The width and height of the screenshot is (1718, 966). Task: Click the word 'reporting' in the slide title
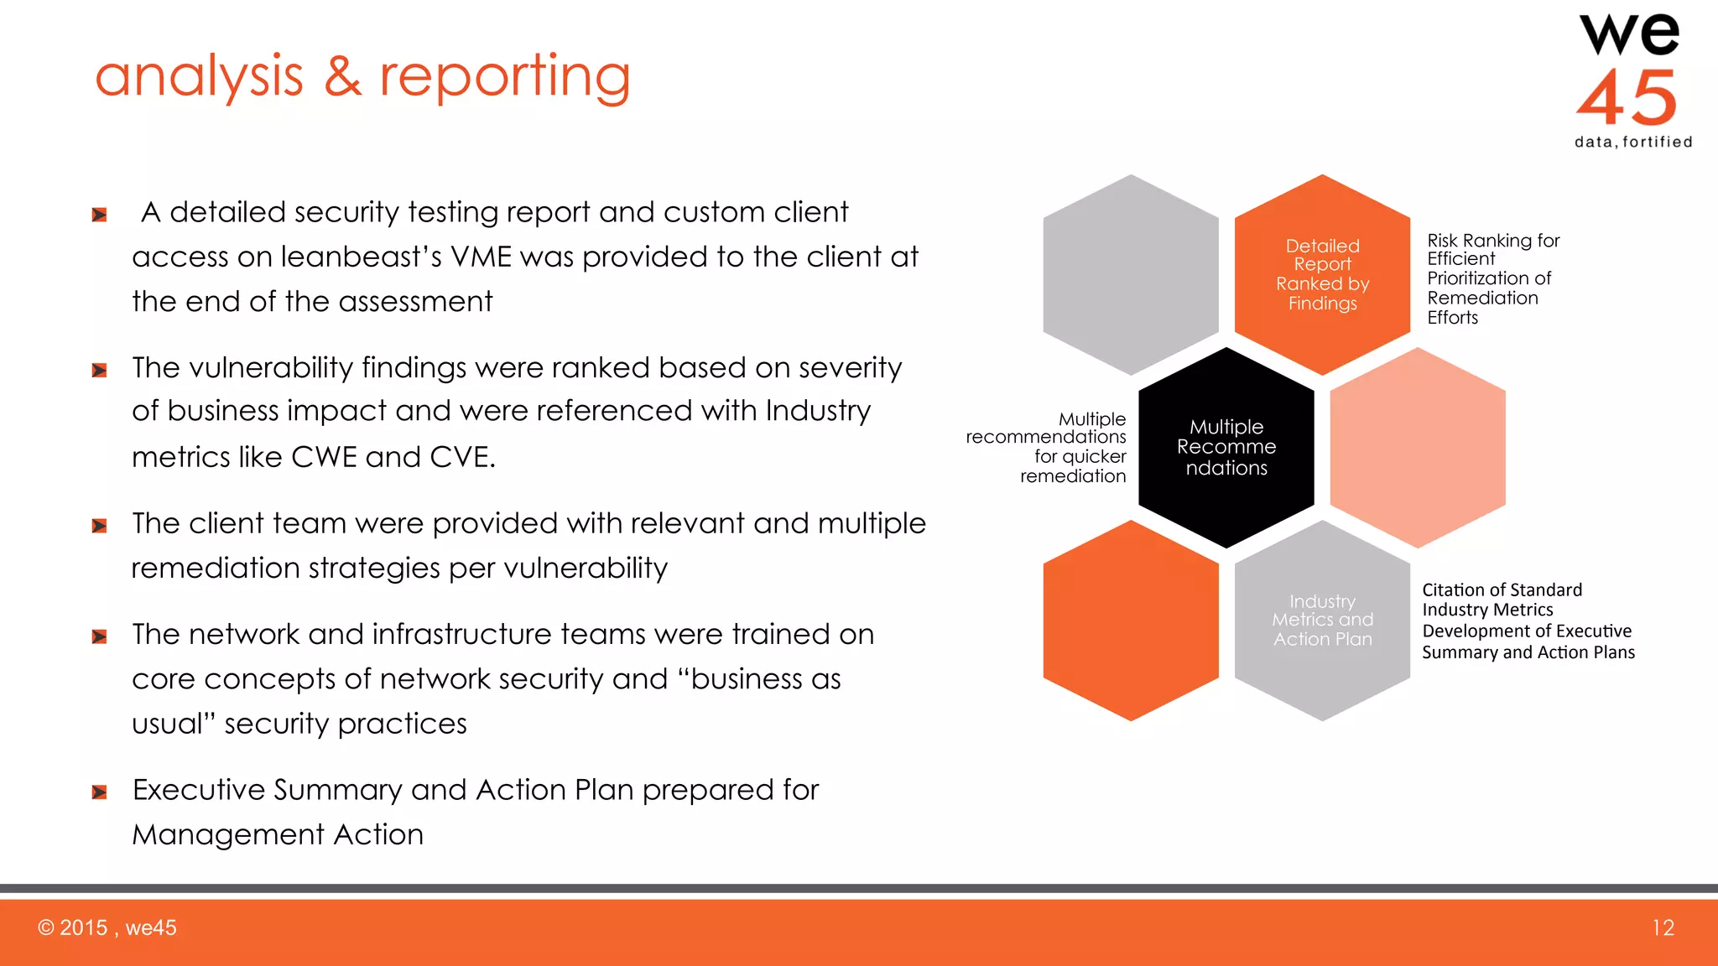tap(504, 77)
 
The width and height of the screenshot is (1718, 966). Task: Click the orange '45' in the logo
tap(1627, 97)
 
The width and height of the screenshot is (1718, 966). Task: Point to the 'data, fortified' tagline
tap(1633, 142)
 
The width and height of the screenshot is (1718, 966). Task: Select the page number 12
tap(1663, 927)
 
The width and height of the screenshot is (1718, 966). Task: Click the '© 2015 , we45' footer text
tap(107, 927)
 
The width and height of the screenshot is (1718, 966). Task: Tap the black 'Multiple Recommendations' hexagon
tap(1226, 447)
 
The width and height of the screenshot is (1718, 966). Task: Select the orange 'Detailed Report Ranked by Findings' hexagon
tap(1322, 274)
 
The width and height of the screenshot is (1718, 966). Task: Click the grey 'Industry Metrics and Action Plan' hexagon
tap(1322, 621)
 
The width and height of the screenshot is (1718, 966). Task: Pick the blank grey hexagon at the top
tap(1130, 274)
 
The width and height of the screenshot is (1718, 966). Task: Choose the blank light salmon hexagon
tap(1418, 447)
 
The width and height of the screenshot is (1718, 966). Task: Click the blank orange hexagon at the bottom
tap(1130, 621)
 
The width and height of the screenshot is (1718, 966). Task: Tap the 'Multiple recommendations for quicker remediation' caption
tap(1057, 447)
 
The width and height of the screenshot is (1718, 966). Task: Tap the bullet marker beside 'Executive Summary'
tap(99, 792)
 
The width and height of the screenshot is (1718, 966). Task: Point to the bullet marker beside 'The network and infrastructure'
tap(99, 636)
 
